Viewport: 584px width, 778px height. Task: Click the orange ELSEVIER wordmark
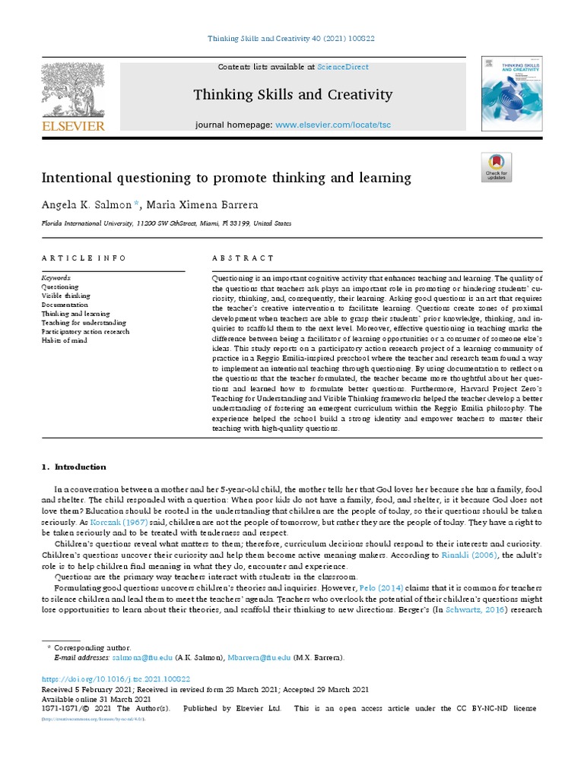pos(73,125)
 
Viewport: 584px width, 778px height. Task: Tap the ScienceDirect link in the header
pos(342,68)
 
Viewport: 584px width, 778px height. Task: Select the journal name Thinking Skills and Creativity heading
pos(293,95)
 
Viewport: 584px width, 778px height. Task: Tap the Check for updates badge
pos(497,167)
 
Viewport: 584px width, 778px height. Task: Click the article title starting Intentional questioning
pos(226,178)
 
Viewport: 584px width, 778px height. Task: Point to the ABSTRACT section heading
pos(243,258)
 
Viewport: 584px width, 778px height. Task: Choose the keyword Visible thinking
pos(65,296)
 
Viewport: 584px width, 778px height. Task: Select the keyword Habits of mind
pos(65,340)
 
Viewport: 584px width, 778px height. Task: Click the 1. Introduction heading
pos(74,466)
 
